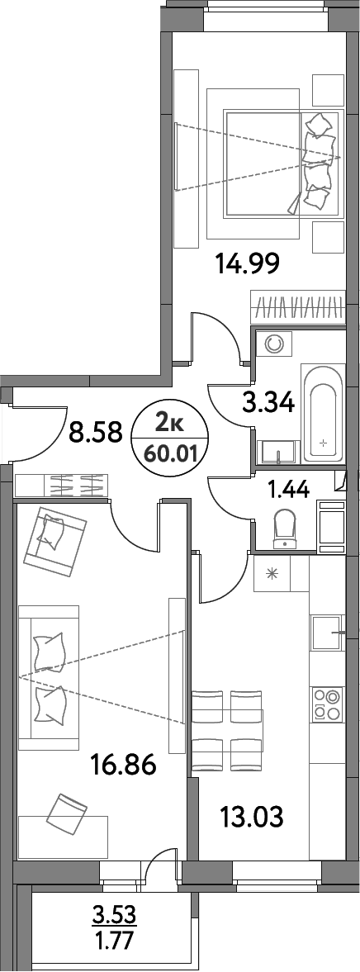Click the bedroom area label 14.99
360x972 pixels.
click(247, 264)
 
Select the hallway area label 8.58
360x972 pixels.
click(96, 431)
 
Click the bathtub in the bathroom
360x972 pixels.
click(322, 413)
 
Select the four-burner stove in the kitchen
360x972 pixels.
click(327, 704)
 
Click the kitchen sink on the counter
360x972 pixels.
click(324, 634)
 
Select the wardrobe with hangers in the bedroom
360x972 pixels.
click(296, 308)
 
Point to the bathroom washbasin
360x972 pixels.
click(277, 453)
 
